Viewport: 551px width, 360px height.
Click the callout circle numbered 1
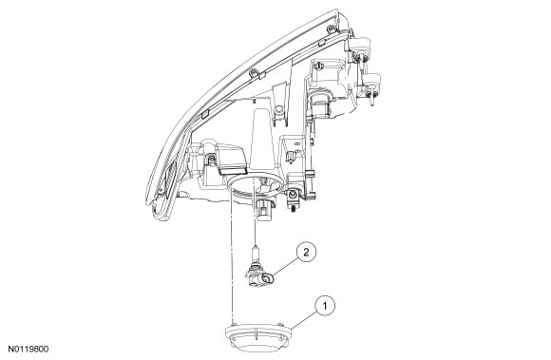click(x=325, y=306)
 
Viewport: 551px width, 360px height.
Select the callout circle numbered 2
click(x=306, y=252)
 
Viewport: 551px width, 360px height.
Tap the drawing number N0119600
click(x=28, y=350)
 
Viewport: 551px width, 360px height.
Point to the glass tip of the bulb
click(x=256, y=250)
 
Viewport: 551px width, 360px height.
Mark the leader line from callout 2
click(x=285, y=267)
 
